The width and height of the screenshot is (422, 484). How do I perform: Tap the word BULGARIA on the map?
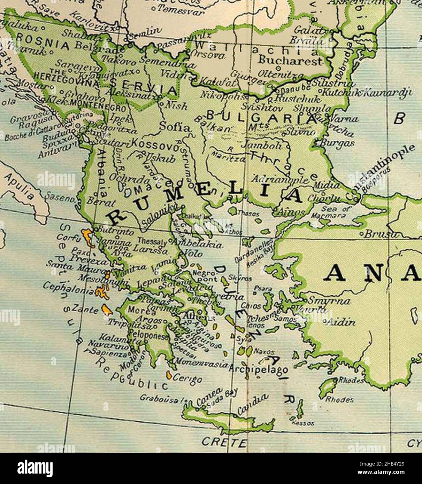click(x=261, y=117)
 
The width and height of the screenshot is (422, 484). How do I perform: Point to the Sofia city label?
click(x=175, y=127)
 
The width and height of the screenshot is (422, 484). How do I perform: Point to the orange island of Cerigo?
click(x=169, y=375)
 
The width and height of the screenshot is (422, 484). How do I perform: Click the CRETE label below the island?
click(x=224, y=442)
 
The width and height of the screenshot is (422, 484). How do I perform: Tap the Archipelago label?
click(x=258, y=369)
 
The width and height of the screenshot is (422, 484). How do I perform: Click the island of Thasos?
click(x=232, y=210)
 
